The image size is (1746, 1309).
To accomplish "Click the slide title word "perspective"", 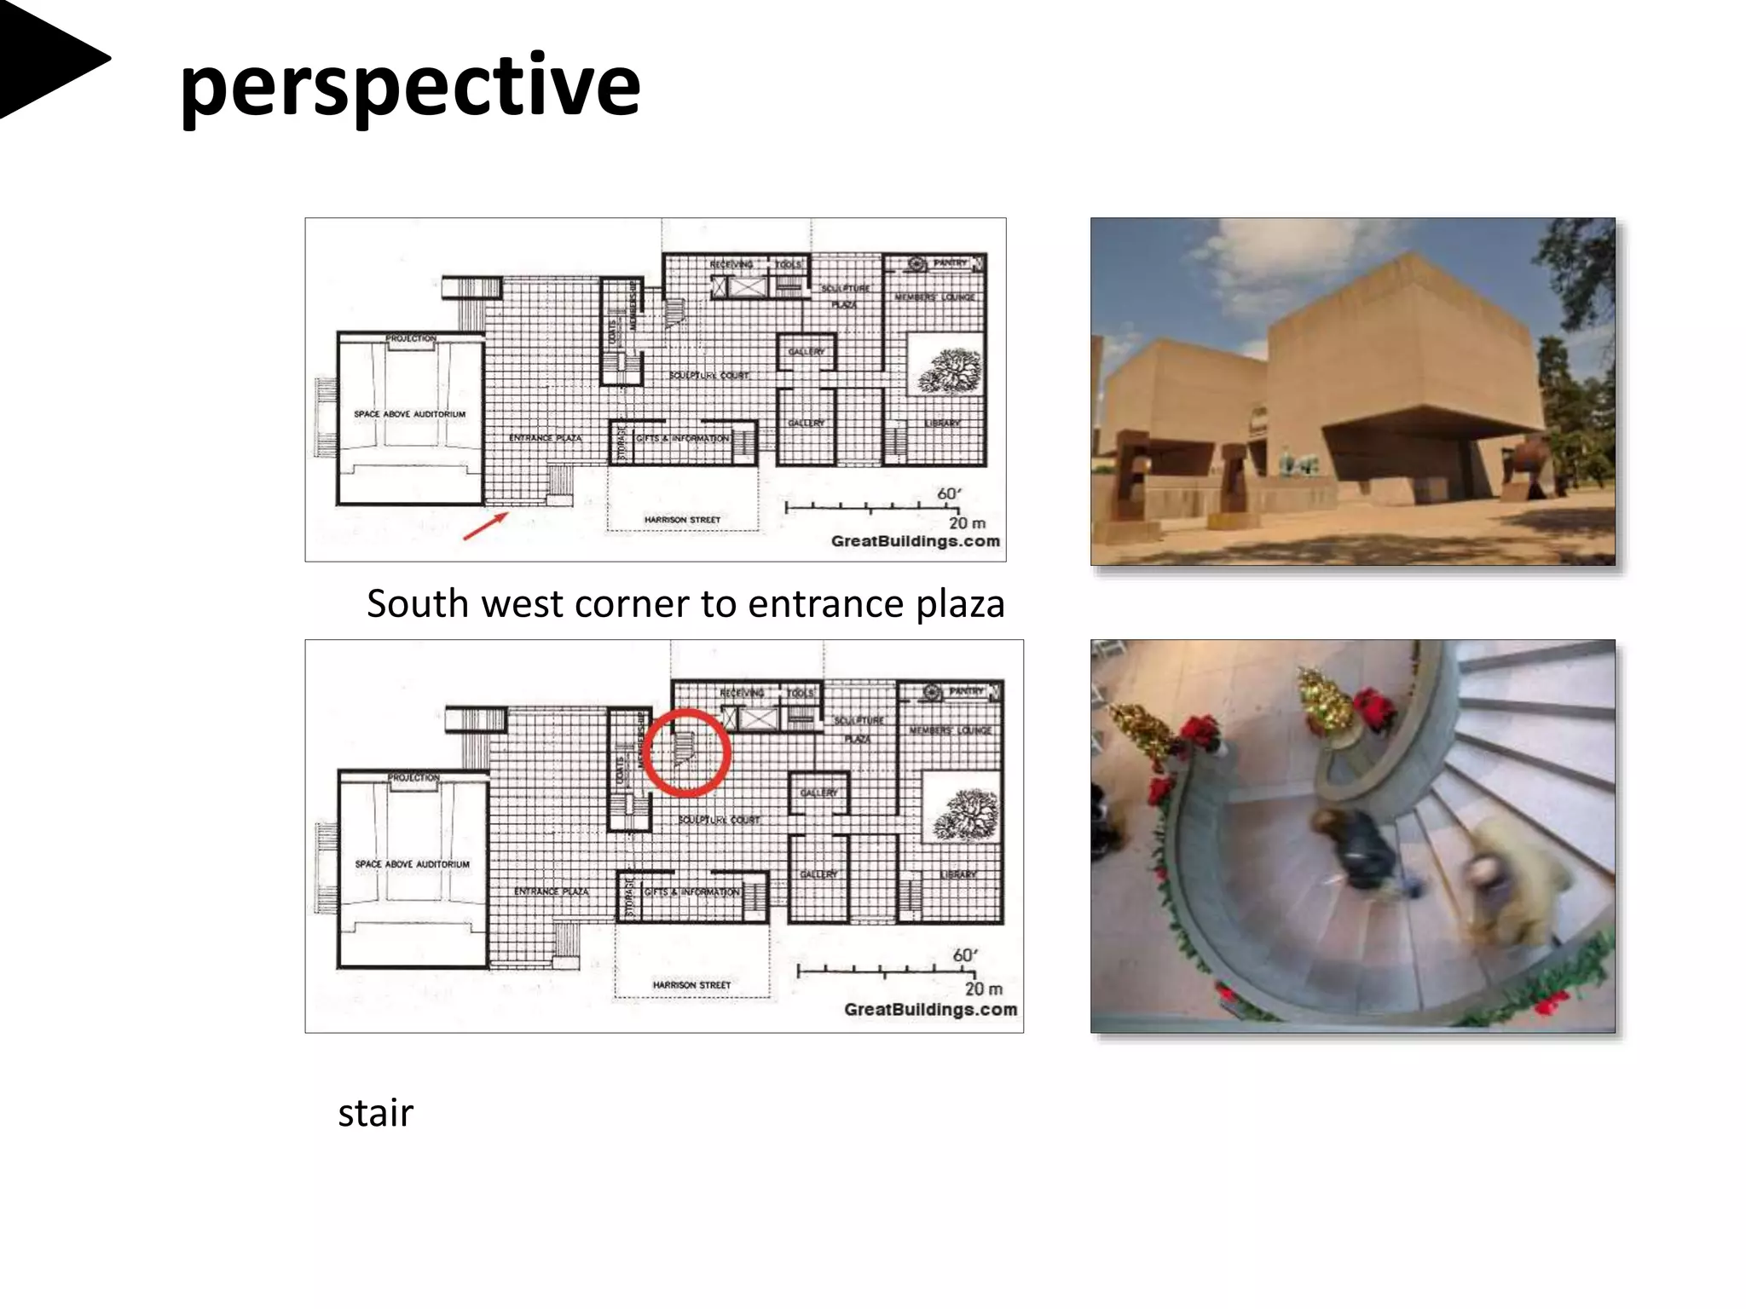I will [x=409, y=85].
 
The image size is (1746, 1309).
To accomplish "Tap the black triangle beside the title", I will [x=47, y=58].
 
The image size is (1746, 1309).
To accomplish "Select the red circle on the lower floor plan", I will [x=686, y=753].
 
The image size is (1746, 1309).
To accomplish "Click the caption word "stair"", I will [x=375, y=1113].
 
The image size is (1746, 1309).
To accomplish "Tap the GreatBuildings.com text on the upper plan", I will [x=915, y=541].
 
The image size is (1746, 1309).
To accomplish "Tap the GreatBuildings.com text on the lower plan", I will [x=930, y=1009].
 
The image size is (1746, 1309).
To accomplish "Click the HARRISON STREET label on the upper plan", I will [x=682, y=519].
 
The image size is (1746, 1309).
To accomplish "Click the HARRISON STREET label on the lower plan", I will [x=691, y=985].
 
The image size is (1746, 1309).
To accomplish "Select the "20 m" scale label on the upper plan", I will [x=967, y=523].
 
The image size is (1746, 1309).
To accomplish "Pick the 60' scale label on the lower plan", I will [x=964, y=955].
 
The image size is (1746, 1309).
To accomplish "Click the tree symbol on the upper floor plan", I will [x=949, y=372].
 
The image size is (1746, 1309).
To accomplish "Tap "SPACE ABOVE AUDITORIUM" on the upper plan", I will [x=410, y=414].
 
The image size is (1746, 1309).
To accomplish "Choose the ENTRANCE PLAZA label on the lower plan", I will [x=551, y=891].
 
